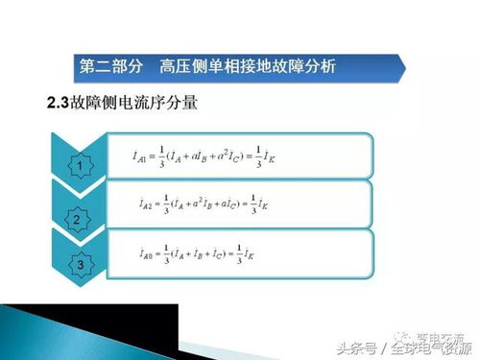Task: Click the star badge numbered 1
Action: point(80,166)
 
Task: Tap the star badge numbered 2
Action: point(76,221)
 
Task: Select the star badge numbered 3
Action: point(80,262)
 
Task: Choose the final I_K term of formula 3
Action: point(252,254)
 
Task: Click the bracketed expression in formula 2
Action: point(211,204)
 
